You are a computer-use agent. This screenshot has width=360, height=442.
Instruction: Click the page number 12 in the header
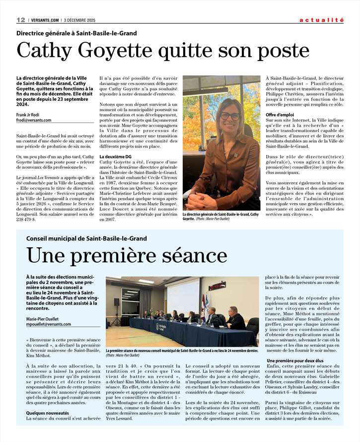click(x=21, y=20)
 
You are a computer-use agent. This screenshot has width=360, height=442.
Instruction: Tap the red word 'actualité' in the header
click(x=321, y=20)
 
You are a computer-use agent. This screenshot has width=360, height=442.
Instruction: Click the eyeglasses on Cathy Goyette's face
click(x=229, y=115)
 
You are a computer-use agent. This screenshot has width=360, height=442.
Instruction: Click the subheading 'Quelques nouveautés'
click(x=48, y=412)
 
